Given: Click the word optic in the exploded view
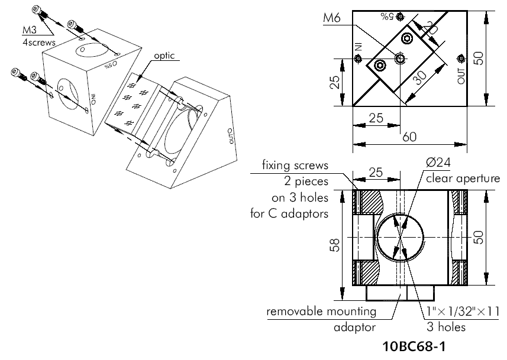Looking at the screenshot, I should tap(164, 56).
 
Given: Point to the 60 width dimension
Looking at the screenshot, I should tap(409, 137).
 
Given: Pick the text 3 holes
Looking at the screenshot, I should tap(446, 327).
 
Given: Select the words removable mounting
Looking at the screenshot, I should tap(321, 312).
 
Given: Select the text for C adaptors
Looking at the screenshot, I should tap(289, 213).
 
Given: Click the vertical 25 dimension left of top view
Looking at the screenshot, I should tap(334, 84).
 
